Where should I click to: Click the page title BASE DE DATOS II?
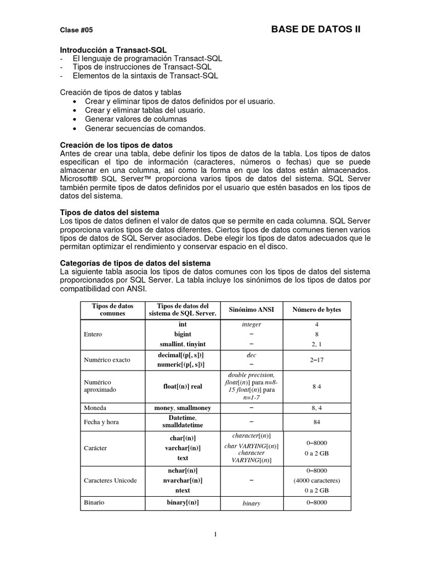click(316, 30)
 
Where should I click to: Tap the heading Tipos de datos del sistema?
click(109, 212)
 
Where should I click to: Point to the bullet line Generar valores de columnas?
click(135, 119)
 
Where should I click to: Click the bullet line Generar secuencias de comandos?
click(145, 128)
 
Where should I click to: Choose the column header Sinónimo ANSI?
click(251, 310)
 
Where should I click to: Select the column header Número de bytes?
click(316, 310)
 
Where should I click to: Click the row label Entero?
click(93, 334)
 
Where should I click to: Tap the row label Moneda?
click(95, 408)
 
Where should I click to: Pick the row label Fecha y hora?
click(101, 422)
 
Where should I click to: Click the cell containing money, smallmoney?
click(182, 408)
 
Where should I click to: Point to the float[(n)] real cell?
click(182, 386)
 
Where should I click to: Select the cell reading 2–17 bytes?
click(316, 359)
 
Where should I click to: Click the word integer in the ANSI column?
click(251, 324)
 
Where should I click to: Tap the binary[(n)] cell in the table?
click(182, 502)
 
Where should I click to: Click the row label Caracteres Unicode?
click(110, 480)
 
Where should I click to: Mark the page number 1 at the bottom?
click(216, 534)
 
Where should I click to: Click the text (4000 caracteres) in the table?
click(316, 480)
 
